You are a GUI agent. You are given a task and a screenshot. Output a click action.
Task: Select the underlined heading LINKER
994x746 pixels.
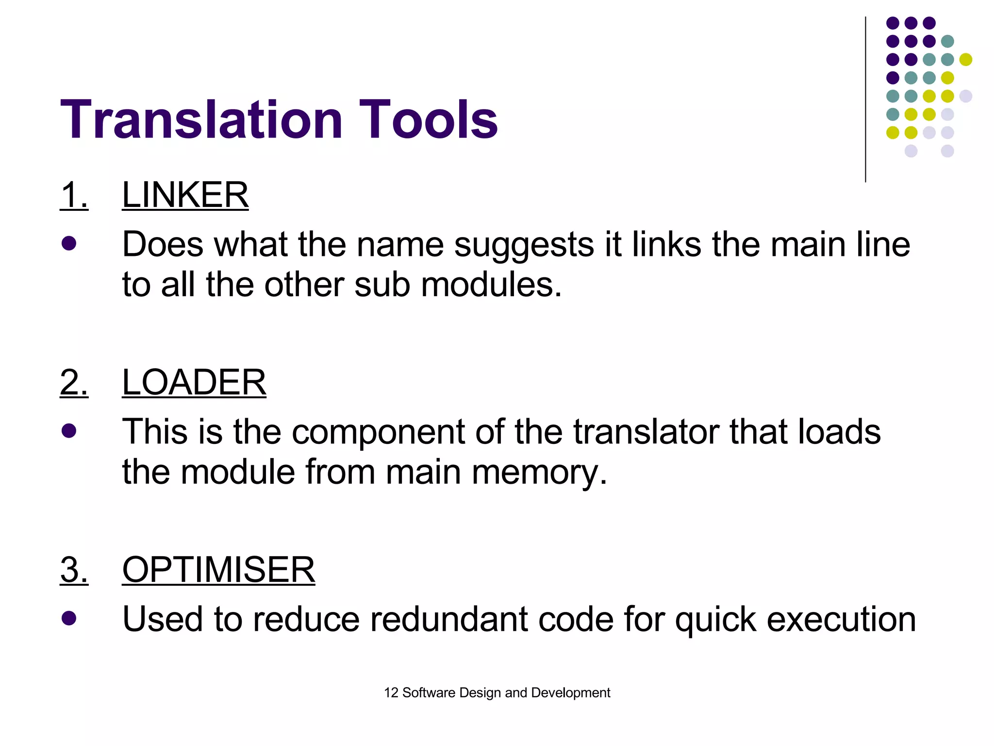[x=185, y=195]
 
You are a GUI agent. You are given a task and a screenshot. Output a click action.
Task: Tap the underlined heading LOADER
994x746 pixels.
[x=194, y=383]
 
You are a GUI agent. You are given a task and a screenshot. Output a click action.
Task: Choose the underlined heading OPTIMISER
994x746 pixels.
[x=218, y=570]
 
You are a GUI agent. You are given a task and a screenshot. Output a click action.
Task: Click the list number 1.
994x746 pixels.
[x=74, y=195]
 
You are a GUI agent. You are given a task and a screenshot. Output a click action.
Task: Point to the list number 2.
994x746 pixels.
[x=74, y=383]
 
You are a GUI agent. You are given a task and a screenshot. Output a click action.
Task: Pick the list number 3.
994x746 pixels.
[x=74, y=570]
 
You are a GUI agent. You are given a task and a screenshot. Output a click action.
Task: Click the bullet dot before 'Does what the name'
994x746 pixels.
[x=69, y=243]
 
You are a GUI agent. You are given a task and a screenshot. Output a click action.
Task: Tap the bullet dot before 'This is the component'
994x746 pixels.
[x=69, y=431]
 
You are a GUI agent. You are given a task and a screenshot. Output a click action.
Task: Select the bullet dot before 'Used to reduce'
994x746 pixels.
[x=69, y=618]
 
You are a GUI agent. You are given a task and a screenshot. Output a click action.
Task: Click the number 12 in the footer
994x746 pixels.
[x=391, y=693]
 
